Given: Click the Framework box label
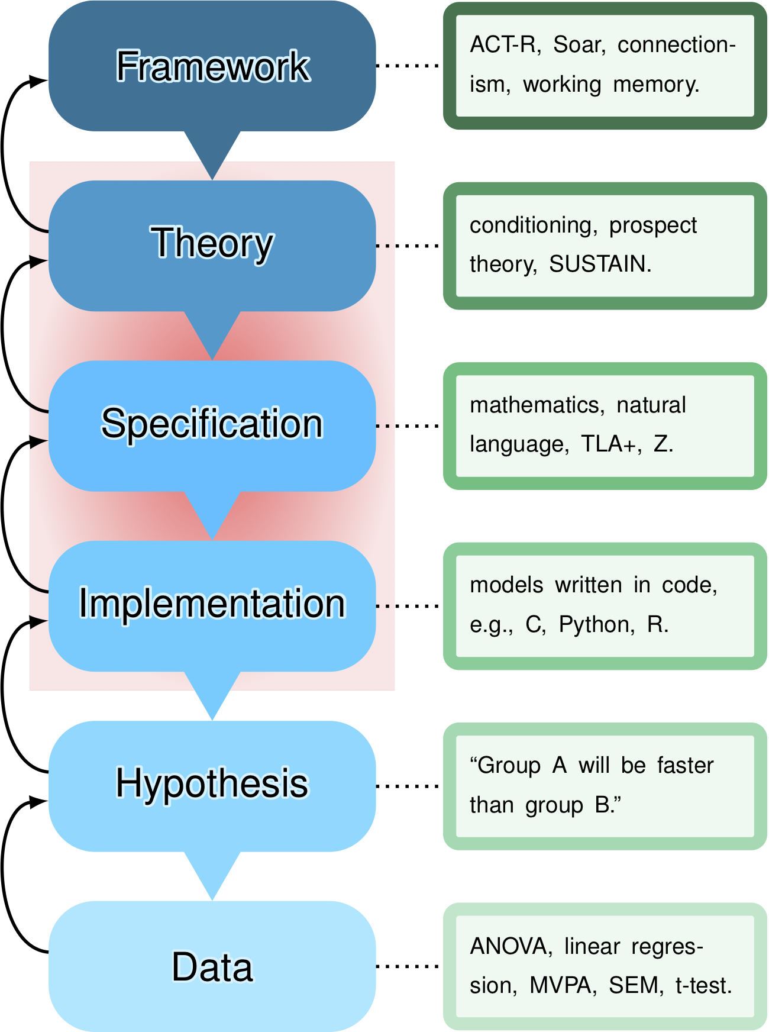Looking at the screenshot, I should click(212, 66).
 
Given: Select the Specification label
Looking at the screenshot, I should click(212, 424).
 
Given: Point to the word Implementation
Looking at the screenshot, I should click(212, 604).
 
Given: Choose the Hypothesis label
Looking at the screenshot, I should click(212, 783).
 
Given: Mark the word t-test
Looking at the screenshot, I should click(703, 985).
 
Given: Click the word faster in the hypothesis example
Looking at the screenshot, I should click(686, 766).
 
